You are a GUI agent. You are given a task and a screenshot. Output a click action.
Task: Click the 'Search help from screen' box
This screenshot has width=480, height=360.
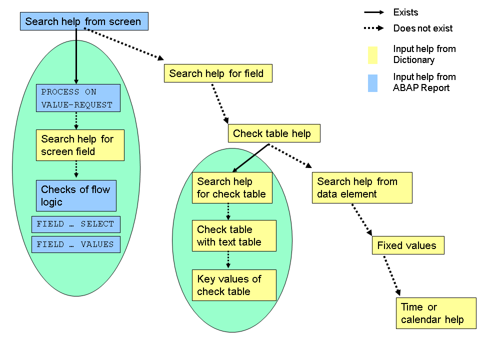coord(84,21)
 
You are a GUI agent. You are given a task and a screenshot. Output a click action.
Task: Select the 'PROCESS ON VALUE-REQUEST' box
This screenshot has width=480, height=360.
coord(78,98)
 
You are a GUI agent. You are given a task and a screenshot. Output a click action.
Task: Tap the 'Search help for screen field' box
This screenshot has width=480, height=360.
coord(80,145)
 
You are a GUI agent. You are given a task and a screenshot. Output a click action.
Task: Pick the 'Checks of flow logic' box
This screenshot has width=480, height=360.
coord(76,195)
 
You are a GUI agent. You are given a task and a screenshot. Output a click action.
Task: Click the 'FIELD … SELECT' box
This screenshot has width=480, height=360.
coord(75,224)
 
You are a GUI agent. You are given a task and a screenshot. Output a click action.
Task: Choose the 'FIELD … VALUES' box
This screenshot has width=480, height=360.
coord(75,244)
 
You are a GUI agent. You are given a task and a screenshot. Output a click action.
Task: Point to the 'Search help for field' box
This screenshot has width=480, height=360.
coord(217,73)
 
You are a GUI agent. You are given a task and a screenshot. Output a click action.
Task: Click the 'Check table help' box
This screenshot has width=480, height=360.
coord(273,133)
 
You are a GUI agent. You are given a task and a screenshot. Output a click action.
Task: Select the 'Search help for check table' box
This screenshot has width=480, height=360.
coord(232,187)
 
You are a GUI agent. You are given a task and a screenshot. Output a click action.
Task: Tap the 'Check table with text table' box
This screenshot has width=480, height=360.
coord(234,235)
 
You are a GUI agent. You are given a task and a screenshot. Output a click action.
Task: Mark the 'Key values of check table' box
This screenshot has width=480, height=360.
coord(234,285)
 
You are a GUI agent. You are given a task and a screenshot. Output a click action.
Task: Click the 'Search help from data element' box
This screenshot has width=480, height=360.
coord(362,187)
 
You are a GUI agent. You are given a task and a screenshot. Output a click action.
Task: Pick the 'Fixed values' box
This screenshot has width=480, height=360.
coord(408,245)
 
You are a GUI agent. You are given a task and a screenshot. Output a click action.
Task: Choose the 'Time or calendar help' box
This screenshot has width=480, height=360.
coord(436,313)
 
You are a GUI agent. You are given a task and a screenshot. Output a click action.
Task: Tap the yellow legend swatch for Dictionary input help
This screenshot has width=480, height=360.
coord(372,55)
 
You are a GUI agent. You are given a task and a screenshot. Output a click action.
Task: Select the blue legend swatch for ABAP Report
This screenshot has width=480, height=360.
coord(372,82)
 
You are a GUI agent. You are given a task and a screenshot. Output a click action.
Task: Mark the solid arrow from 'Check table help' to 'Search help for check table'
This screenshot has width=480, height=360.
coord(251,158)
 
